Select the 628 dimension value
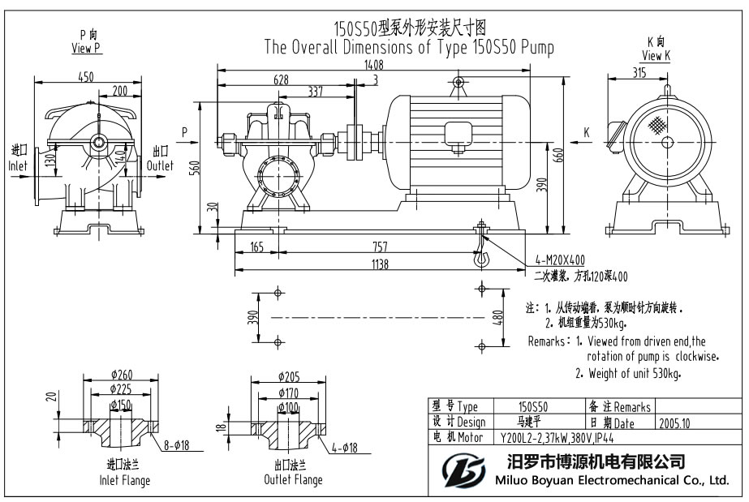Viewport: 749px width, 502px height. (x=282, y=79)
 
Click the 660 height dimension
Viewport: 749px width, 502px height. (x=558, y=156)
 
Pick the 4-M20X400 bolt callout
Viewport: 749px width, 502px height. (x=559, y=260)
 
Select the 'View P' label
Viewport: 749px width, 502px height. (x=86, y=48)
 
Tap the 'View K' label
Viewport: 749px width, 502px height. (x=656, y=55)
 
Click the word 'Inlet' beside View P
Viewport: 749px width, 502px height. (x=18, y=165)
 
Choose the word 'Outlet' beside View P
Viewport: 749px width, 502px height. (x=160, y=165)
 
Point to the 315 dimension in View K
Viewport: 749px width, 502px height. (x=639, y=73)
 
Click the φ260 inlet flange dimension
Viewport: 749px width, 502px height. (x=121, y=375)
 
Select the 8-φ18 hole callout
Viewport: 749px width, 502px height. (x=176, y=444)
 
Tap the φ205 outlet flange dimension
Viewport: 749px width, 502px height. (x=289, y=376)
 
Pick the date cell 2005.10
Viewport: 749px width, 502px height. (x=674, y=423)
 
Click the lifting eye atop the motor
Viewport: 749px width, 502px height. (x=458, y=82)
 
